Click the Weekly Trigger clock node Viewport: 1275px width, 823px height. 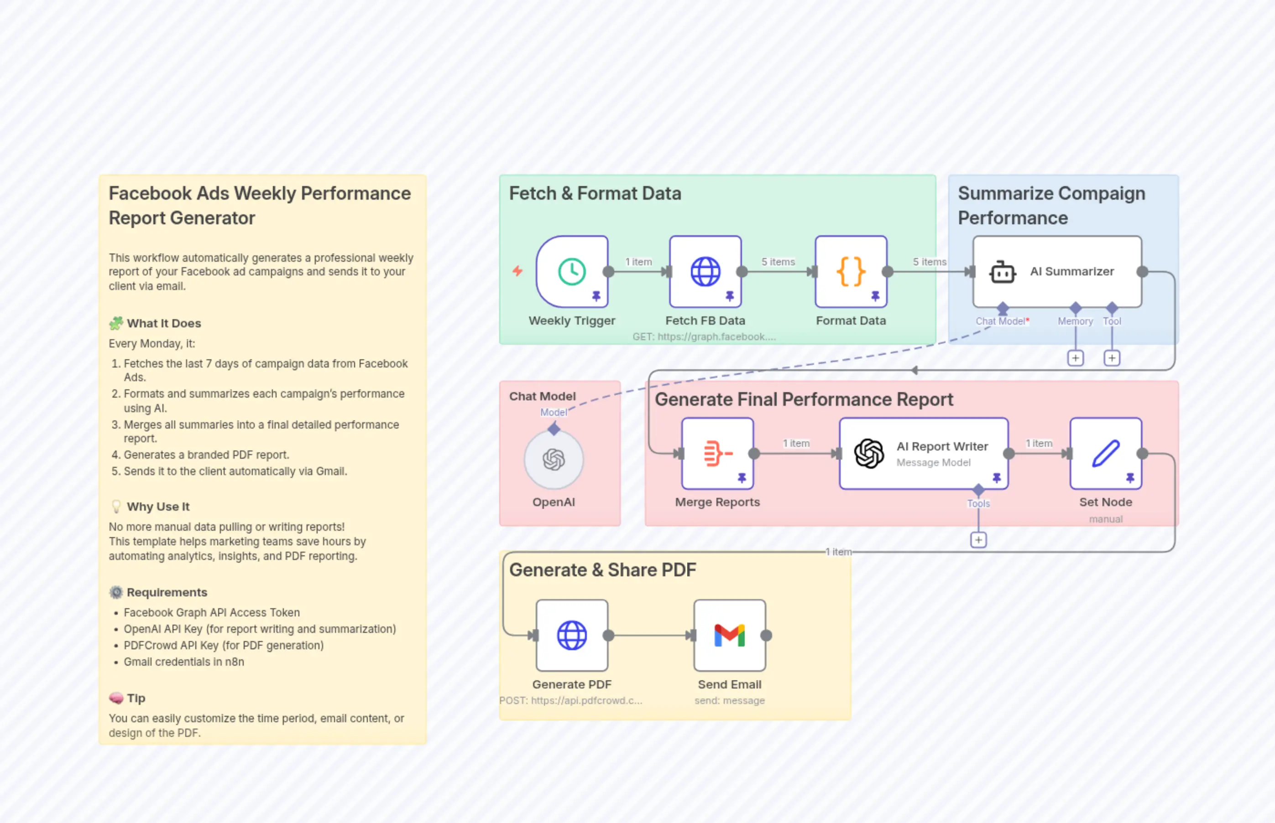click(572, 271)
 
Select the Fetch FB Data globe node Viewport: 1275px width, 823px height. click(705, 271)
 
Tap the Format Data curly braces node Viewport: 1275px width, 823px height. click(850, 271)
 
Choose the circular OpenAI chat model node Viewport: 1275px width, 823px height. click(554, 459)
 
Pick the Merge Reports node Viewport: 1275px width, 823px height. click(717, 454)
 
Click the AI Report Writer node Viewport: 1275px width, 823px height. click(923, 454)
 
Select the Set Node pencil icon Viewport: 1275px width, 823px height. click(1105, 454)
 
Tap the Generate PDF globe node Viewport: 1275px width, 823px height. click(572, 636)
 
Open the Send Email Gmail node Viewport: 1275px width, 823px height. click(730, 636)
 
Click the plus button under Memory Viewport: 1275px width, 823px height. click(1075, 358)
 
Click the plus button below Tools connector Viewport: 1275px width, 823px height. click(978, 540)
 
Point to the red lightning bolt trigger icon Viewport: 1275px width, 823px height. click(517, 271)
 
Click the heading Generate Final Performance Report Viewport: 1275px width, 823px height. click(804, 399)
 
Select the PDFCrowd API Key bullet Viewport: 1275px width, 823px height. click(224, 646)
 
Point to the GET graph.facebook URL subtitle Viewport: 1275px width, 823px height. click(704, 336)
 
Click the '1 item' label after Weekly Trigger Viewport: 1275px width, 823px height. click(638, 262)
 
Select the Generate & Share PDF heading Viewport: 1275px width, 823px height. click(602, 569)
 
